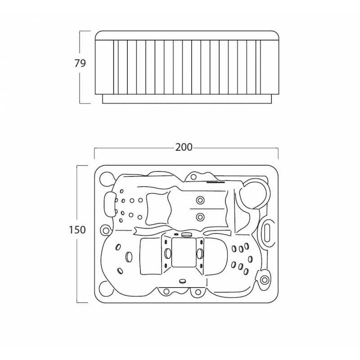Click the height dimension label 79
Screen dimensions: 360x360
coord(80,63)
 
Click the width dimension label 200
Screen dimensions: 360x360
coord(184,147)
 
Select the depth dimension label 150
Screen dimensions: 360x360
coord(77,229)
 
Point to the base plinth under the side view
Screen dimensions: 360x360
coord(187,99)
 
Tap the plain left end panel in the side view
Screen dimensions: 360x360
coord(104,67)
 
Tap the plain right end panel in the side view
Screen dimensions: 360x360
coord(270,67)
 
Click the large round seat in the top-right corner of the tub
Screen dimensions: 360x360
coord(254,195)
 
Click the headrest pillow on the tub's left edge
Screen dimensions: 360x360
coord(110,204)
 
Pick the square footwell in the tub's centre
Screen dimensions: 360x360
coord(184,252)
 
